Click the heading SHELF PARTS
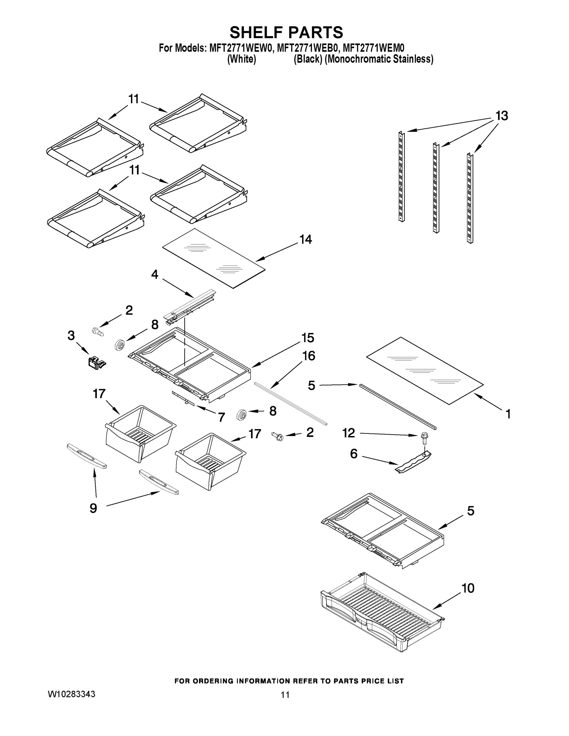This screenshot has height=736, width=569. pyautogui.click(x=286, y=33)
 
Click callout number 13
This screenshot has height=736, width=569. pyautogui.click(x=501, y=116)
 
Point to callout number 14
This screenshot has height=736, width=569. pyautogui.click(x=306, y=240)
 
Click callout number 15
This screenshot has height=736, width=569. pyautogui.click(x=307, y=338)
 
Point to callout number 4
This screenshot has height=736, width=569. pyautogui.click(x=154, y=275)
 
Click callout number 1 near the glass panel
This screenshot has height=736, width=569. pyautogui.click(x=508, y=414)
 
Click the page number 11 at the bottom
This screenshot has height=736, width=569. pyautogui.click(x=285, y=695)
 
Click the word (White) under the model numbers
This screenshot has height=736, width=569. pyautogui.click(x=242, y=59)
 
